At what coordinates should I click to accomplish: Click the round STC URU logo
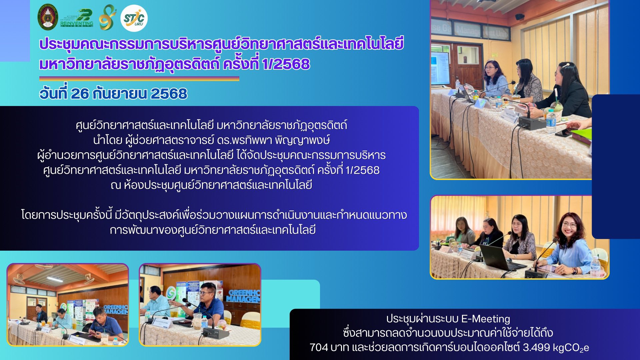pos(134,18)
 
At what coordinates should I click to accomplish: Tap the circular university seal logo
pos(48,17)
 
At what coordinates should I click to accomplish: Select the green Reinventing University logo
pos(77,18)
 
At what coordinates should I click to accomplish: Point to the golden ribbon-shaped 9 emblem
pos(107,17)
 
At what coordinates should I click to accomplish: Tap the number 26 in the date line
pos(80,93)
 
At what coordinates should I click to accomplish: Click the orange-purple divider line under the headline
pos(139,79)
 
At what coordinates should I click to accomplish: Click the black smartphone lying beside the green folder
pos(564,134)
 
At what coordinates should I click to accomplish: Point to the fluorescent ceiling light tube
pos(55,279)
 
